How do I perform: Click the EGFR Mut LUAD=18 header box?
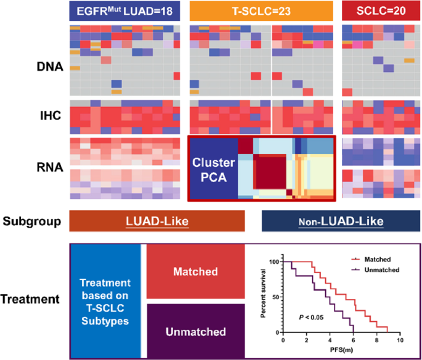[x=125, y=12]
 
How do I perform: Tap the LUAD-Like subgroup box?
[x=158, y=221]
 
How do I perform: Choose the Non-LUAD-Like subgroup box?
[x=341, y=221]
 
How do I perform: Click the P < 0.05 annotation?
[x=311, y=316]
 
